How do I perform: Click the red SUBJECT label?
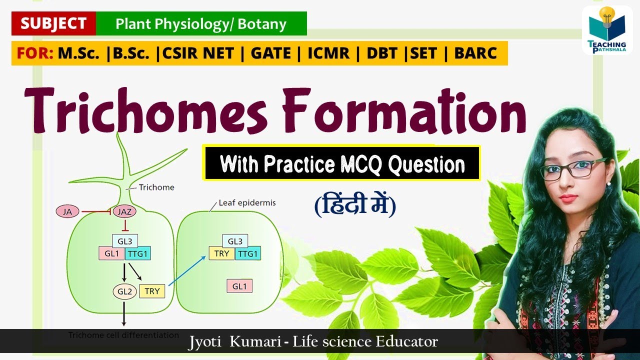pyautogui.click(x=53, y=23)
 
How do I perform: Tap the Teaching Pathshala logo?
pyautogui.click(x=607, y=30)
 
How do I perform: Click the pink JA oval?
pyautogui.click(x=67, y=211)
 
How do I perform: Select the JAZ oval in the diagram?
pyautogui.click(x=124, y=211)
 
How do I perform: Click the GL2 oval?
pyautogui.click(x=124, y=291)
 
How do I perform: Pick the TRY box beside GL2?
pyautogui.click(x=152, y=291)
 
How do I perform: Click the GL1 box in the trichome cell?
pyautogui.click(x=111, y=253)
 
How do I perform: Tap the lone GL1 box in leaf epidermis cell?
pyautogui.click(x=239, y=286)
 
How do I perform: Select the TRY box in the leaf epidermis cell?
pyautogui.click(x=221, y=253)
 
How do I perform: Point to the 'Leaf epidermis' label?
pyautogui.click(x=247, y=203)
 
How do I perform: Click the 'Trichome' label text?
pyautogui.click(x=156, y=187)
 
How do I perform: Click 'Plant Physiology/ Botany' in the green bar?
pyautogui.click(x=201, y=23)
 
